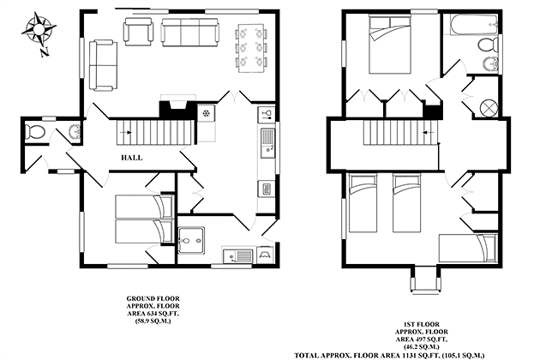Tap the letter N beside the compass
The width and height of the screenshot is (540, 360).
click(x=44, y=52)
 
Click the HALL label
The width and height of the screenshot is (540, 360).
click(x=131, y=158)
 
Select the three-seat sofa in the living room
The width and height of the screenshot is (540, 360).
click(x=189, y=33)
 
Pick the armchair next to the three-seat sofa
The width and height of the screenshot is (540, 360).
click(x=139, y=32)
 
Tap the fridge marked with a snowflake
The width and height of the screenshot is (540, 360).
click(x=206, y=113)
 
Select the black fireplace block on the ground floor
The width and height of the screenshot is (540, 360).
click(x=177, y=109)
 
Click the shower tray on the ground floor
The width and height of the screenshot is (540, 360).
click(x=191, y=240)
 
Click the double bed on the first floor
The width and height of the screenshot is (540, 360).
click(x=390, y=45)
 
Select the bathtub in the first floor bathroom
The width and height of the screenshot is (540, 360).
click(x=474, y=25)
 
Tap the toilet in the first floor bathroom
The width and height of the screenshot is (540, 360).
click(x=489, y=45)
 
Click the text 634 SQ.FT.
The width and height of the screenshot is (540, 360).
click(x=162, y=314)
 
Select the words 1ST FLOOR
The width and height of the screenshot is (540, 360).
click(x=422, y=325)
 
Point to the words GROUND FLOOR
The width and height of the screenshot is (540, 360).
click(x=153, y=298)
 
